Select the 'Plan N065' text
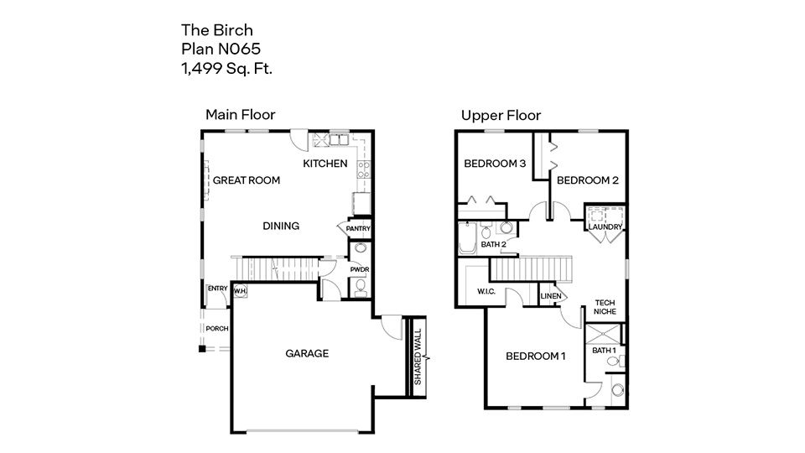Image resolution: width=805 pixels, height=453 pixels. (215, 49)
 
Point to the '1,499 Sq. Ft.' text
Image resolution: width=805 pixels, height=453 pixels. (226, 69)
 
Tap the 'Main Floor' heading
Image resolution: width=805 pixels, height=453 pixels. (241, 115)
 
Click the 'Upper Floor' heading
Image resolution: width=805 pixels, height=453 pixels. (501, 115)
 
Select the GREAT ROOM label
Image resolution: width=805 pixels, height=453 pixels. (247, 180)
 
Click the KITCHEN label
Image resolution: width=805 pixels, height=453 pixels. (325, 163)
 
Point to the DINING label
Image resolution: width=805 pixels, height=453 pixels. (281, 226)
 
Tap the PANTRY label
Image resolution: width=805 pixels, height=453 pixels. (358, 229)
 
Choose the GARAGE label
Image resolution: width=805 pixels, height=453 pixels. (307, 353)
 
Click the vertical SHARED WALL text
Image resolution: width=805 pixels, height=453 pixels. (417, 356)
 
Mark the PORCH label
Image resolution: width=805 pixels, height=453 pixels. (218, 328)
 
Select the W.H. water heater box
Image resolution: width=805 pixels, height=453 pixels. (240, 291)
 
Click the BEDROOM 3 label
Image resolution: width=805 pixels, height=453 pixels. (495, 164)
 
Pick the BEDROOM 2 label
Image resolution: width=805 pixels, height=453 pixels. (587, 180)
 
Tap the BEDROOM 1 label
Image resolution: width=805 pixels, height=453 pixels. (536, 357)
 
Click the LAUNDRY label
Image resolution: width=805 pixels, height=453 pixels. (605, 227)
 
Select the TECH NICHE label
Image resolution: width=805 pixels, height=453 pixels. (605, 307)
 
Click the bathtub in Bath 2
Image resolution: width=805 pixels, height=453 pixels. (466, 237)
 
